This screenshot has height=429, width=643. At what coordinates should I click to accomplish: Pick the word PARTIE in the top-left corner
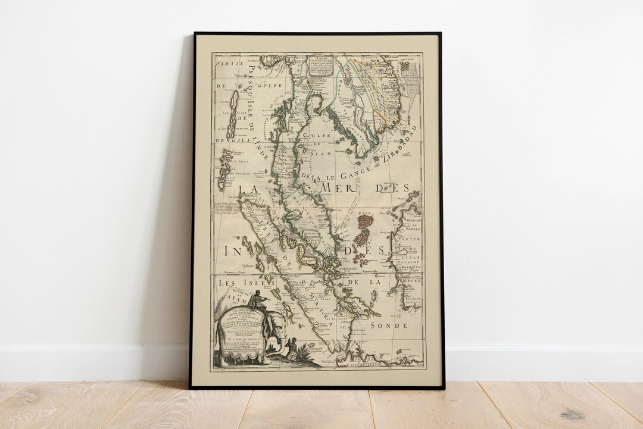[226, 60]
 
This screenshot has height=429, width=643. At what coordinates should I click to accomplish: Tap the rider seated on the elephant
[257, 301]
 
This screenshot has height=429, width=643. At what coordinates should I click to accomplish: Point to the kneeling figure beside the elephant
[291, 348]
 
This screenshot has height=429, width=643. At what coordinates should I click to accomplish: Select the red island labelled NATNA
[365, 223]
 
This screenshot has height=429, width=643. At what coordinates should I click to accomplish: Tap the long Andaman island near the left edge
[234, 107]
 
